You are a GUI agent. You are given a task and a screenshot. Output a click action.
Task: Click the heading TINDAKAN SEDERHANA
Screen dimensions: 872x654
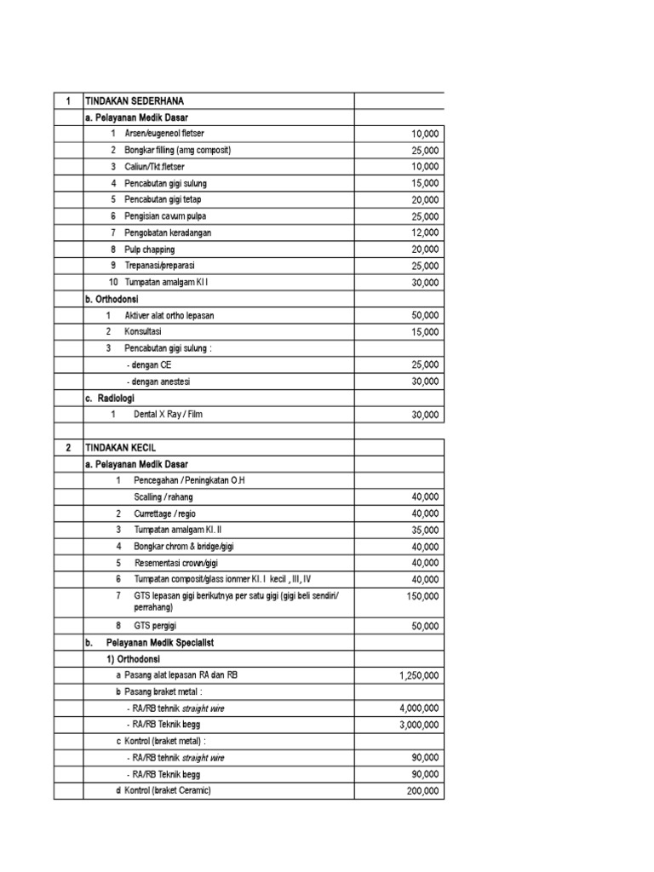point(135,101)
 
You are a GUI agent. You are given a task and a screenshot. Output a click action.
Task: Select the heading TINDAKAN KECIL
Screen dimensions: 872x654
point(120,447)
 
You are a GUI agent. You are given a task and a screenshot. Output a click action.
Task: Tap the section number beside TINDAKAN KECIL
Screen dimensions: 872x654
point(67,447)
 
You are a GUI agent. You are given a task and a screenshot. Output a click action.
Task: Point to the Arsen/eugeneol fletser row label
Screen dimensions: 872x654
point(163,134)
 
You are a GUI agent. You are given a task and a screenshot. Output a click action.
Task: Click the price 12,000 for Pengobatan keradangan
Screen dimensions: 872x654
point(425,232)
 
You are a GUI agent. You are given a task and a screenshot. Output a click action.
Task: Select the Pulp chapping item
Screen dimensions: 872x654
point(149,250)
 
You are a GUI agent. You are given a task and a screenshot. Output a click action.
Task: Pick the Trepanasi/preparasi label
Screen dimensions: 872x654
point(159,266)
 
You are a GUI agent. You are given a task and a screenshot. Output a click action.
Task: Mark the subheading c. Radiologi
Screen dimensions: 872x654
point(112,398)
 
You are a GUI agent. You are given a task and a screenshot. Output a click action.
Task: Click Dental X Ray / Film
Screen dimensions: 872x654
point(169,415)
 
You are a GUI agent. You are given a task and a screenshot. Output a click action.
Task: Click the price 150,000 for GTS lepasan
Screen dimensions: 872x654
point(422,596)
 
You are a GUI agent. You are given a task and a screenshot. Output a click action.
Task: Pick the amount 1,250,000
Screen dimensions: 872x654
point(419,676)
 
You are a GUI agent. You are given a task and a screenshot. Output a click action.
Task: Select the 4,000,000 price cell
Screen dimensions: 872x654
point(419,708)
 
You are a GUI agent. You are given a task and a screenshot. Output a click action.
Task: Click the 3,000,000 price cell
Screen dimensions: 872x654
point(419,725)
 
